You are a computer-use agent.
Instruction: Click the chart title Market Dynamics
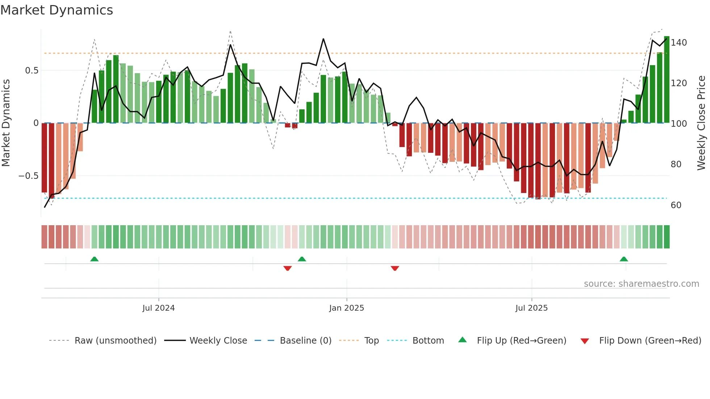coord(57,10)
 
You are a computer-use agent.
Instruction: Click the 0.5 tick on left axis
coord(32,71)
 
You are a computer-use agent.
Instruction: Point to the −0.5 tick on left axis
coord(28,176)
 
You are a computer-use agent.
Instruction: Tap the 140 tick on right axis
coord(678,43)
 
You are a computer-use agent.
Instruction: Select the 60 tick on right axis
coord(676,205)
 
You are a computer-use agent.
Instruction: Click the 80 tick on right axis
coord(676,164)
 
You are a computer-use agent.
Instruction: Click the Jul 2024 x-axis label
coord(158,308)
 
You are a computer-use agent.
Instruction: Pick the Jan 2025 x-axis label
coord(346,308)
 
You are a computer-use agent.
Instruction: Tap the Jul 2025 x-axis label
coord(531,308)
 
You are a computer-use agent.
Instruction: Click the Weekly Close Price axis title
coord(701,123)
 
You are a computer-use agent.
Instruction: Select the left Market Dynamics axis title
coord(6,123)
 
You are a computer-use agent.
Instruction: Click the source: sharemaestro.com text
coord(641,284)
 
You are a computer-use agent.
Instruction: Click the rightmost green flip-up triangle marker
coord(623,259)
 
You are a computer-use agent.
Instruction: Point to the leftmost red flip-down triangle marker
coord(288,268)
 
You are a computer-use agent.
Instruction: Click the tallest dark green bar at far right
coord(667,80)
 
